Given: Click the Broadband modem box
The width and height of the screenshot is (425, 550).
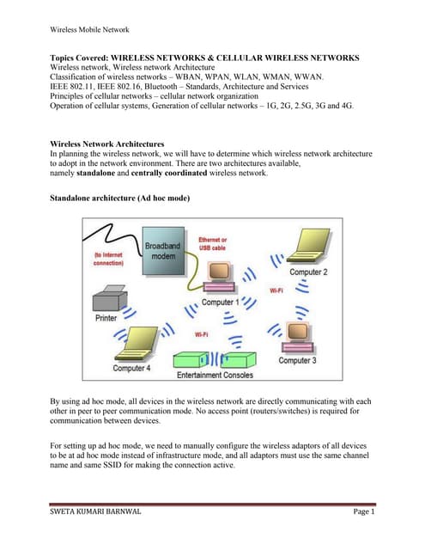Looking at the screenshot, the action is pos(163,251).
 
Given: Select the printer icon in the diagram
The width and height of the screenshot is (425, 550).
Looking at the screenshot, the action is pos(110,298).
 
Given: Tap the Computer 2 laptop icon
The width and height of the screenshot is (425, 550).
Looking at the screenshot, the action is pos(309,246).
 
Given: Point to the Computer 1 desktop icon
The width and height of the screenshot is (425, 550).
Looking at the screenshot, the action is pos(219,277).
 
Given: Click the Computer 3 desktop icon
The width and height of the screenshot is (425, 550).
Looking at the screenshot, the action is pos(297,336).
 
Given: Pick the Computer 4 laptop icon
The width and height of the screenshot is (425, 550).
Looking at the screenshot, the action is pos(137,344).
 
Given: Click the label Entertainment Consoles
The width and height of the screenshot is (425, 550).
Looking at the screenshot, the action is pos(215,375).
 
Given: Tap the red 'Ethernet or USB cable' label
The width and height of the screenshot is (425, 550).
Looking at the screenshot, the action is pos(212,244).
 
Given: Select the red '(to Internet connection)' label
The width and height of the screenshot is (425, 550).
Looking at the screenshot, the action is pos(108,259).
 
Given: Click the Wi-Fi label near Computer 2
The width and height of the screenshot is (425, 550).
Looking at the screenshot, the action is pos(276,290).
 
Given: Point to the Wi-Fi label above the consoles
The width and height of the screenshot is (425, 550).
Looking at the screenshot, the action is pos(202,334).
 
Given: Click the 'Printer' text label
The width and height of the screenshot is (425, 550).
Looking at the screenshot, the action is pos(106,318).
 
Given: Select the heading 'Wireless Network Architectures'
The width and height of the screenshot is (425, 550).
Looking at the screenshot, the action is pos(106,144).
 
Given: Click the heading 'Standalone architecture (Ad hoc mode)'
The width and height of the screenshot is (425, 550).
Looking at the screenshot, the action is pos(120,199).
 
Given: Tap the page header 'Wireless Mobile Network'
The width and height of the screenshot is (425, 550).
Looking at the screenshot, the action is pos(89,30).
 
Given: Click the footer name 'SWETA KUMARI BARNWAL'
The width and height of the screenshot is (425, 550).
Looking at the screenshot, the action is pos(95,511).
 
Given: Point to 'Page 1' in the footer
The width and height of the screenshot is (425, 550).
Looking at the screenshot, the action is pos(364,511).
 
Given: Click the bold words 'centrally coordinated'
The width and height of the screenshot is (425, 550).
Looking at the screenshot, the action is pos(169,173).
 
